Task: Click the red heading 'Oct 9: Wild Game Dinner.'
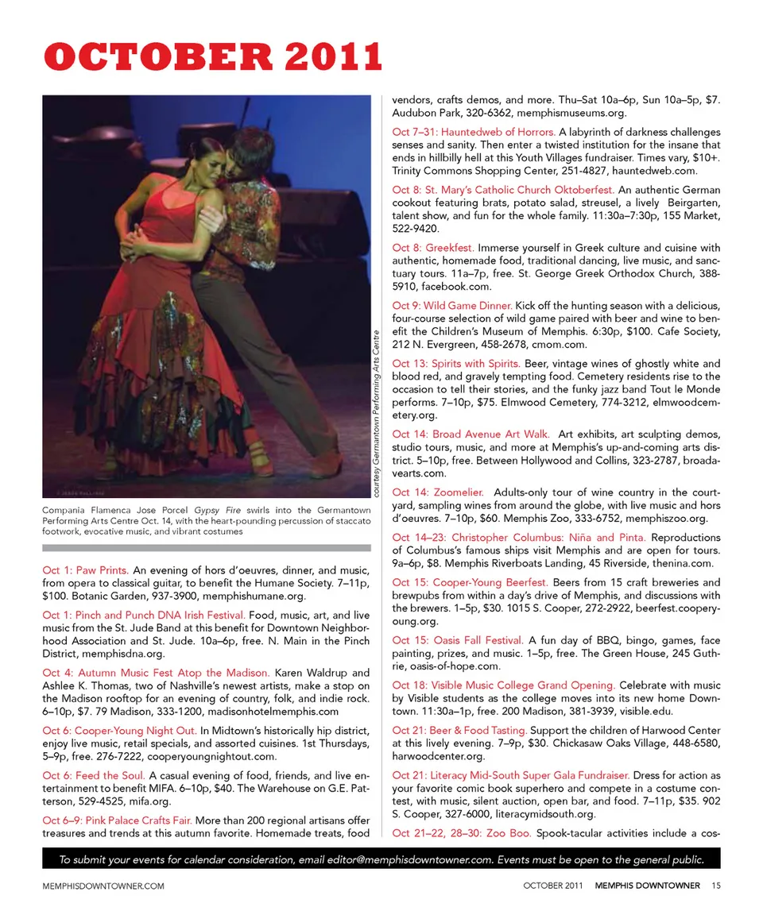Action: tap(452, 306)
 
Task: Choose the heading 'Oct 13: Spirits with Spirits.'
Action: tap(456, 363)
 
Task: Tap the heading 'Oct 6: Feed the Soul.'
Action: tap(93, 775)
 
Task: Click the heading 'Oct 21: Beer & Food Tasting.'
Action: tap(459, 730)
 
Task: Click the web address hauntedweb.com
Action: tap(659, 170)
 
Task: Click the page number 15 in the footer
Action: tap(716, 886)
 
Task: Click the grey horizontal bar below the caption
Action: tap(207, 547)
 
